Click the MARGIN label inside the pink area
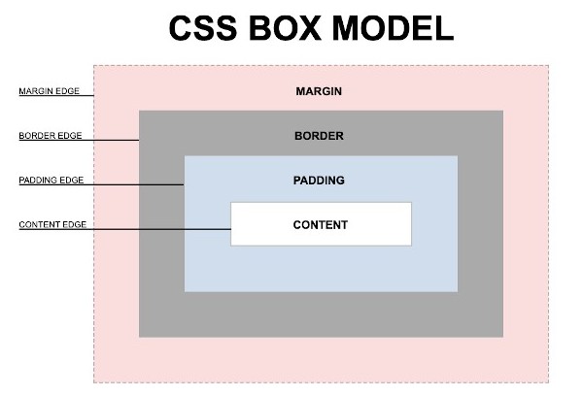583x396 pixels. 320,91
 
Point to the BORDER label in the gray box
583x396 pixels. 319,136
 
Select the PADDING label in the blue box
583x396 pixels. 319,181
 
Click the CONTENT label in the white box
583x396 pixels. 320,225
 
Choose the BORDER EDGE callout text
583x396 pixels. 51,136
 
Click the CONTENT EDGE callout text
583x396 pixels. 52,225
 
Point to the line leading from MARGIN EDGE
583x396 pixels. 88,97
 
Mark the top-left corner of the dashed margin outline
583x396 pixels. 94,66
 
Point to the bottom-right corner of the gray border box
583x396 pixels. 503,337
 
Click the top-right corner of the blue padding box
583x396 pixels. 457,156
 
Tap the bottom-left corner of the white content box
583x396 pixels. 231,246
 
